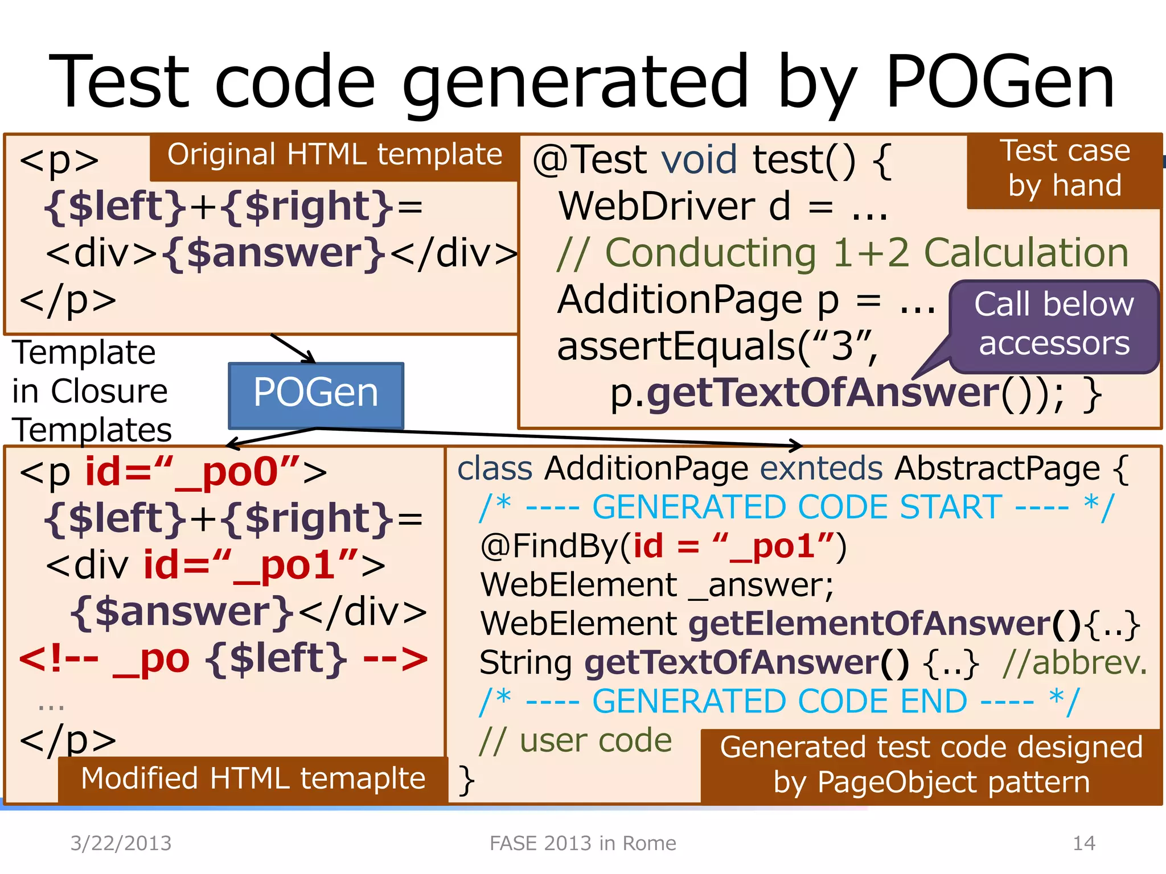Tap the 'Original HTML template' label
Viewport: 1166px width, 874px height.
click(x=335, y=155)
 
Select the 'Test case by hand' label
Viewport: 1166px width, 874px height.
click(x=1064, y=169)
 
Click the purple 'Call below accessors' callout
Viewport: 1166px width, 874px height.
click(x=1054, y=324)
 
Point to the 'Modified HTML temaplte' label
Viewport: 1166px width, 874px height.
click(x=253, y=778)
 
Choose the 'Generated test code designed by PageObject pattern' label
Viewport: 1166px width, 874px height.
click(x=931, y=765)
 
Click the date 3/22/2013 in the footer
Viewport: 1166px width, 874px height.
click(x=121, y=843)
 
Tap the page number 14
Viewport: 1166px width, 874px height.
click(x=1083, y=843)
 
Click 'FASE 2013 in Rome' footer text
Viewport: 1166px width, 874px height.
click(x=583, y=843)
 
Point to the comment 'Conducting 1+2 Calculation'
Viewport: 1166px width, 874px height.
click(x=843, y=253)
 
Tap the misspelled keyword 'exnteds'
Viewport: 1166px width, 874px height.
click(x=822, y=469)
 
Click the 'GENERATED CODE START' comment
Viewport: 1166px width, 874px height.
click(x=797, y=508)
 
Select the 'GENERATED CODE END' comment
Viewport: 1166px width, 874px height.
click(x=779, y=702)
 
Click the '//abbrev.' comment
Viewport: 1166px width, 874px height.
click(x=1074, y=663)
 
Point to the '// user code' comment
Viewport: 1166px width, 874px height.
click(x=576, y=741)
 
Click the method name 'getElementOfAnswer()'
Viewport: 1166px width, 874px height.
click(x=884, y=624)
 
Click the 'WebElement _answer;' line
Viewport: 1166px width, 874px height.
click(x=657, y=586)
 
